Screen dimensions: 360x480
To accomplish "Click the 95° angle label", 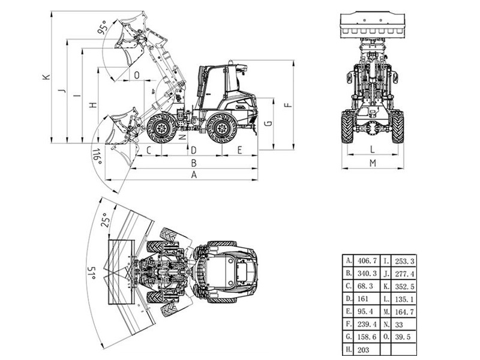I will coord(104,28).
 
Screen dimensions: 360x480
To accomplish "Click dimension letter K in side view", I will coord(44,77).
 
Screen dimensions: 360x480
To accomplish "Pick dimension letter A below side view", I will coord(193,175).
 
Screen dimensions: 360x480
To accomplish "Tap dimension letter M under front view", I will coord(373,163).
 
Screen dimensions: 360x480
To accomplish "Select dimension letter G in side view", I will coord(268,124).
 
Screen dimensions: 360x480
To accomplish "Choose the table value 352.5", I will coord(406,286).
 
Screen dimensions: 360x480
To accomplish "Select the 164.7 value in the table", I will coord(406,312).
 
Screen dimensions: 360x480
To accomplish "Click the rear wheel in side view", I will coord(221,128).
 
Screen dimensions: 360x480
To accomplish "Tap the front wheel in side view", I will coord(161,127).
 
